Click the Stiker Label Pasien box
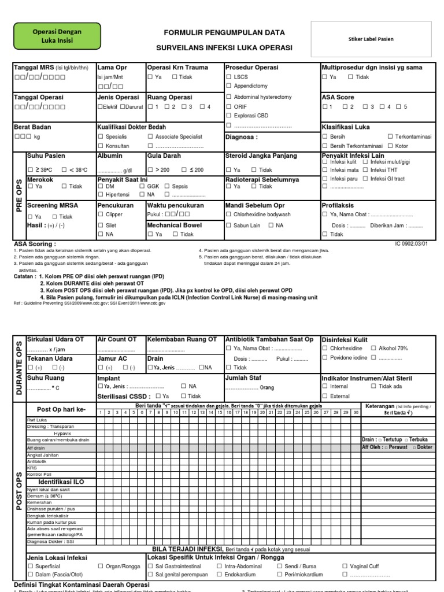[371, 39]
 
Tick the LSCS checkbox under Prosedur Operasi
[229, 76]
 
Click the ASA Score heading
[338, 97]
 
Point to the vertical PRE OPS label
[19, 195]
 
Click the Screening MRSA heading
[53, 205]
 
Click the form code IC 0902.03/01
[411, 244]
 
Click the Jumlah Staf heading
[243, 377]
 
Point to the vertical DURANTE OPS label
[19, 368]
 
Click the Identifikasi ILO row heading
[60, 482]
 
